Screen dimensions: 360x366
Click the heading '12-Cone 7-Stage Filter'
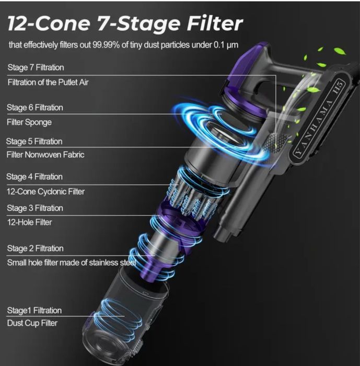pyautogui.click(x=125, y=24)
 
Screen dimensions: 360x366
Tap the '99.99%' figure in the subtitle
pyautogui.click(x=106, y=44)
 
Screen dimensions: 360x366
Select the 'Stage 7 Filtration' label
pyautogui.click(x=36, y=67)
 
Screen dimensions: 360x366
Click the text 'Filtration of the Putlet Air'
pyautogui.click(x=48, y=82)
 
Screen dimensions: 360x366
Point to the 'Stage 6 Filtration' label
pyautogui.click(x=35, y=108)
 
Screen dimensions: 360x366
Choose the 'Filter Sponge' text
pyautogui.click(x=29, y=122)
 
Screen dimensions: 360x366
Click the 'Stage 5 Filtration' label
pyautogui.click(x=34, y=142)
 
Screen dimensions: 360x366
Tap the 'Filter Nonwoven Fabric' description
pyautogui.click(x=45, y=155)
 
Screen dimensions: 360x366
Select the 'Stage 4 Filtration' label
pyautogui.click(x=34, y=177)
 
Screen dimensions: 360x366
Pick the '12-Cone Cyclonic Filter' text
pyautogui.click(x=46, y=192)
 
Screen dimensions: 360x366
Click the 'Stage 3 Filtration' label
pyautogui.click(x=35, y=208)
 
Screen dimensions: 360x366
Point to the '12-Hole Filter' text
pyautogui.click(x=29, y=222)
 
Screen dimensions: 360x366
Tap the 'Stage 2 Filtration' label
pyautogui.click(x=35, y=248)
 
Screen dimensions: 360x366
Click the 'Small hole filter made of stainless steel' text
pyautogui.click(x=72, y=262)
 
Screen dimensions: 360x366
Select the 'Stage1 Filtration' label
pyautogui.click(x=34, y=311)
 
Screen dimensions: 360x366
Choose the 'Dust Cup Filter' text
pyautogui.click(x=32, y=323)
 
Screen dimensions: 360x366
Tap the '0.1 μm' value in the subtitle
pyautogui.click(x=226, y=44)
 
